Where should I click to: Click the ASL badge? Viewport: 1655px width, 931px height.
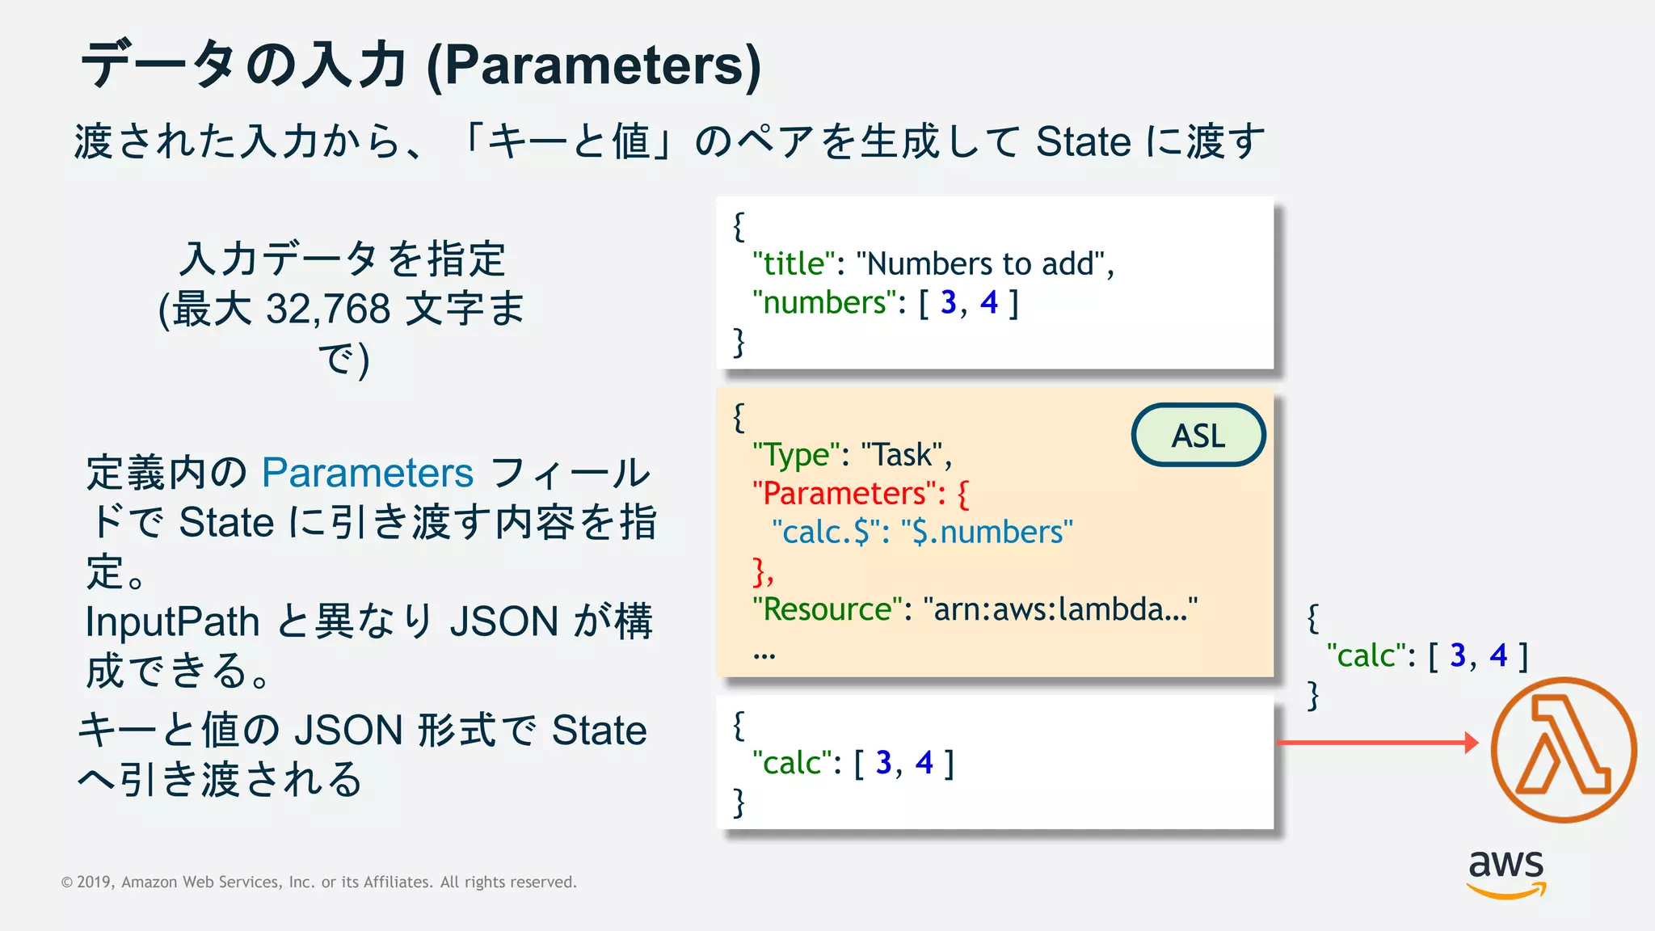[1198, 436]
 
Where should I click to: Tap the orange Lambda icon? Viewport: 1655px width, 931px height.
[1563, 750]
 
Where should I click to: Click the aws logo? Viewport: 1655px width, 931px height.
[1506, 873]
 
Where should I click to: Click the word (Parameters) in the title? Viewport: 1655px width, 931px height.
[594, 65]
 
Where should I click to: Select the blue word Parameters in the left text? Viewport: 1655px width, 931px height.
[368, 473]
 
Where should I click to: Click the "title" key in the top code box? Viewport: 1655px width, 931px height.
[794, 264]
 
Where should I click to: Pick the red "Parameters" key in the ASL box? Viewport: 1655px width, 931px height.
[849, 494]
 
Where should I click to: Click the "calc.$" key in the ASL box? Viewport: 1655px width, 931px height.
[825, 533]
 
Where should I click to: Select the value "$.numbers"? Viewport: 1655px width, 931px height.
[987, 533]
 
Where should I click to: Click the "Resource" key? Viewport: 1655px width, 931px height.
[827, 609]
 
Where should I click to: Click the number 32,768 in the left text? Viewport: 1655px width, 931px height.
[328, 309]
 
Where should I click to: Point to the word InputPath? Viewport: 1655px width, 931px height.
[172, 621]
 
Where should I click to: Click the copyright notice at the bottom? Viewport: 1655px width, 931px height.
[319, 882]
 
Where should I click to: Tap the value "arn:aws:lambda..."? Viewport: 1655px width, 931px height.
[1060, 609]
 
